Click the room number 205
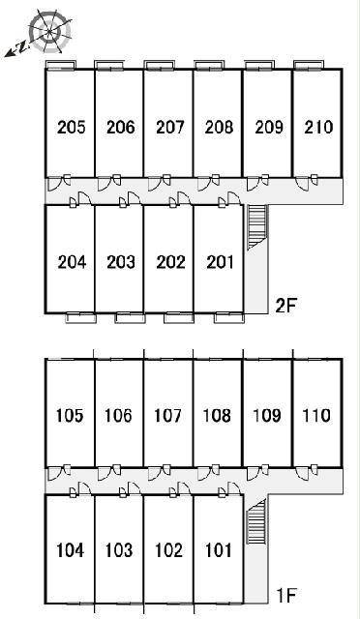coord(72,127)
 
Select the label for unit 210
coord(318,127)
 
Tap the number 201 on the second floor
coord(220,262)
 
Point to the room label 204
coord(72,262)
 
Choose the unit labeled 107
coord(168,415)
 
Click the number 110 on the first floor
coord(316,415)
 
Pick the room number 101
coord(218,550)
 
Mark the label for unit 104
coord(70,550)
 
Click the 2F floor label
coord(285,306)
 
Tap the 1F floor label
coord(285,596)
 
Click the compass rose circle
coord(50,31)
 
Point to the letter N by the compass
coord(24,47)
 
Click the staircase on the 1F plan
coord(255,520)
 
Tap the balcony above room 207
coord(159,66)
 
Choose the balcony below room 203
coord(130,318)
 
